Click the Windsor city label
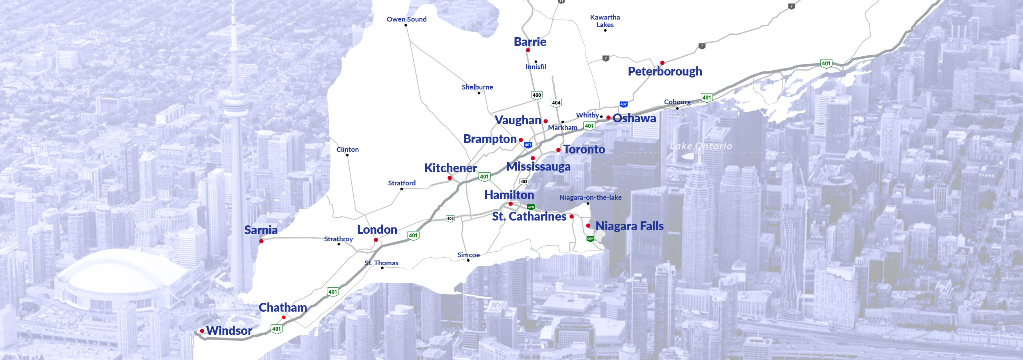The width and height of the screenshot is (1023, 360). (229, 331)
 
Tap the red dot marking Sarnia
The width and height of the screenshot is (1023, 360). (261, 241)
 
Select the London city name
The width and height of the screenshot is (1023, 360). (377, 230)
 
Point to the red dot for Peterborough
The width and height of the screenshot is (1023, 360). (662, 63)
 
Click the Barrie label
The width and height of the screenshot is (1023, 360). (530, 42)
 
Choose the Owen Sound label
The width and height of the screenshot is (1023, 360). (406, 19)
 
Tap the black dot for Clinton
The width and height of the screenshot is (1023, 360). (347, 155)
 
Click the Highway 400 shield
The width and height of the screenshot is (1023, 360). (537, 95)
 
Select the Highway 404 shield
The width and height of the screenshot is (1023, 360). (556, 103)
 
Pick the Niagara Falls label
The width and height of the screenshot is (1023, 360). (629, 226)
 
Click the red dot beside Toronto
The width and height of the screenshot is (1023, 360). (558, 150)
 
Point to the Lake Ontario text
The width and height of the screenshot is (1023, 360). (701, 146)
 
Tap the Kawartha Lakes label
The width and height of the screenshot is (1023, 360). (605, 21)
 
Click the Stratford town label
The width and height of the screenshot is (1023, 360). (402, 183)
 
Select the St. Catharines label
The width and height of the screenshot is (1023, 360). (529, 217)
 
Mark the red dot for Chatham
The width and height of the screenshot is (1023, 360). (284, 318)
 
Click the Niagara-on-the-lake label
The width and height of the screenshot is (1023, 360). (590, 197)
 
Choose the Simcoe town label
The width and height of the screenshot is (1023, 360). (468, 255)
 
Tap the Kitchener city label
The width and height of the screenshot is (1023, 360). (450, 168)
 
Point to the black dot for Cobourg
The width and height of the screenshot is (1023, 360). (677, 108)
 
